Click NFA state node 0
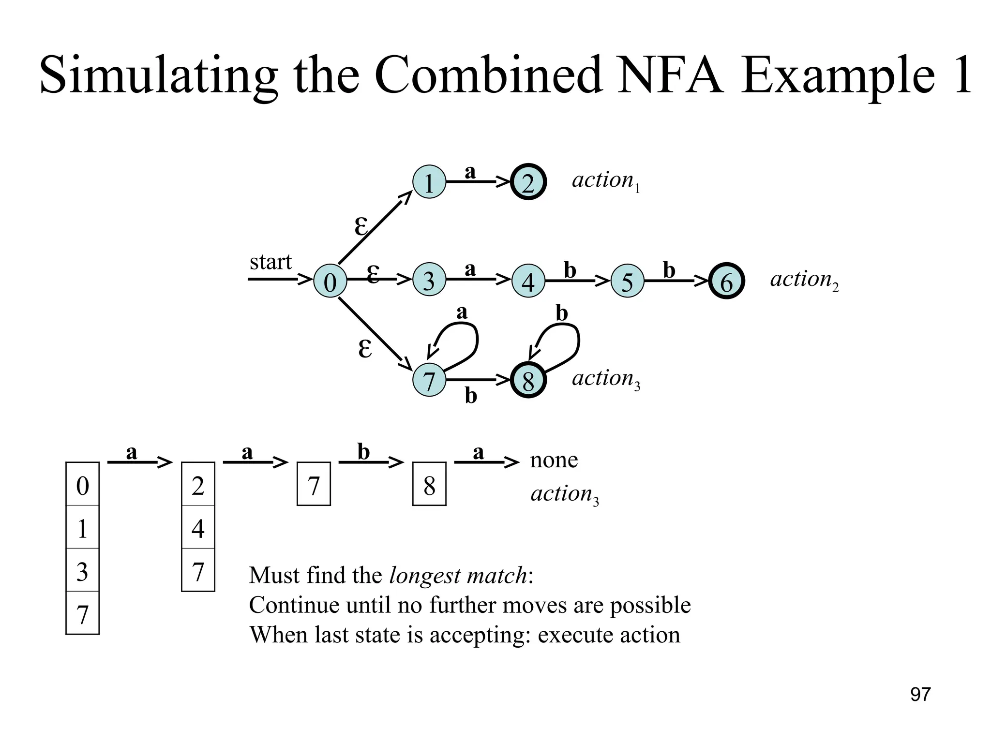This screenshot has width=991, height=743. pos(330,281)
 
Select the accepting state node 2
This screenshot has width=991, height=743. pos(528,182)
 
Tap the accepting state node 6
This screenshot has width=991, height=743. pos(726,281)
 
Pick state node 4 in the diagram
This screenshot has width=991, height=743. pos(528,281)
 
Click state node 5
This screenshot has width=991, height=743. pos(627,281)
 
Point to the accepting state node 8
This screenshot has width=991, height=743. pos(528,380)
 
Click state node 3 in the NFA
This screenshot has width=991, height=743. pos(429,280)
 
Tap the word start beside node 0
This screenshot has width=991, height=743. pos(270,262)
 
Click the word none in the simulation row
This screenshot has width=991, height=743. pos(554,460)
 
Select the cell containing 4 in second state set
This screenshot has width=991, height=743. pos(198,527)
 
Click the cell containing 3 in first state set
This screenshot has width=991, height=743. pos(82,570)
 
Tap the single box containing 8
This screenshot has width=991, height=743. pos(429,485)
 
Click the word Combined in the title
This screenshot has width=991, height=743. pos(489,76)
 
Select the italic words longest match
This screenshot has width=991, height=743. pos(458,576)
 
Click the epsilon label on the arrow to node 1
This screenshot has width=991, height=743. pos(360,226)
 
